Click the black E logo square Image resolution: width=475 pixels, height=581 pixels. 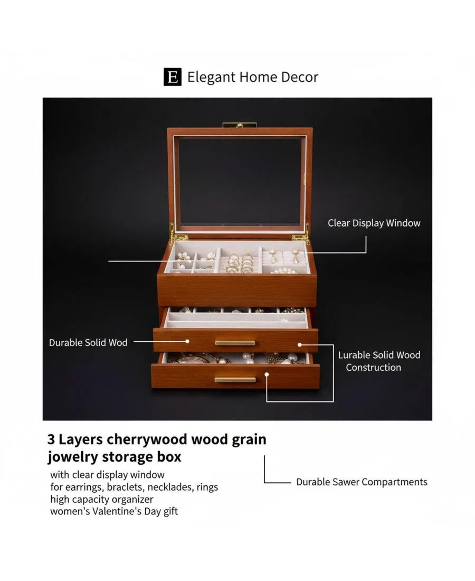[x=173, y=77]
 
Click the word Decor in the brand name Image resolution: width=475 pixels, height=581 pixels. [x=299, y=77]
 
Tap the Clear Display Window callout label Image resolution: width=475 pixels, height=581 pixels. [x=374, y=223]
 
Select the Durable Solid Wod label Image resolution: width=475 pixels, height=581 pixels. [x=88, y=342]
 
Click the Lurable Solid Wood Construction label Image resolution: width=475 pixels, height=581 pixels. [x=379, y=361]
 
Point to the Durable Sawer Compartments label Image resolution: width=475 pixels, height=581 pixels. [x=362, y=482]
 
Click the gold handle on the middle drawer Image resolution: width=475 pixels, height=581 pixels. [x=235, y=343]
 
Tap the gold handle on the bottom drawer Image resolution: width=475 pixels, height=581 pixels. [x=235, y=379]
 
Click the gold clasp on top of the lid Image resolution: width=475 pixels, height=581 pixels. [x=240, y=125]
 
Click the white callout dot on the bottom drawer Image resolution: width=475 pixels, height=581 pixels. [x=267, y=374]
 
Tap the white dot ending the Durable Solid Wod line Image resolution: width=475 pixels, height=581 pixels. [x=187, y=341]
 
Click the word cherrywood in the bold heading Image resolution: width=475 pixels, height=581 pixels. [x=147, y=439]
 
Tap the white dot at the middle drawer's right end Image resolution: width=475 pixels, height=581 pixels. [x=299, y=344]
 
